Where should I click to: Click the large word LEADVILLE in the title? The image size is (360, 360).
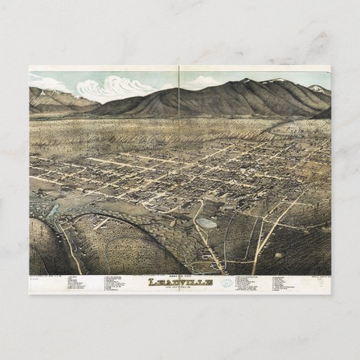179,282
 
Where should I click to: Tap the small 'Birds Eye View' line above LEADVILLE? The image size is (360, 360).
179,275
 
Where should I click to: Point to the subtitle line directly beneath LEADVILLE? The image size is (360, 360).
179,288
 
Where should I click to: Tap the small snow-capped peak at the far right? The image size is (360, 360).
317,88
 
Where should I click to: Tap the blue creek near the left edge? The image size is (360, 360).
51,207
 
